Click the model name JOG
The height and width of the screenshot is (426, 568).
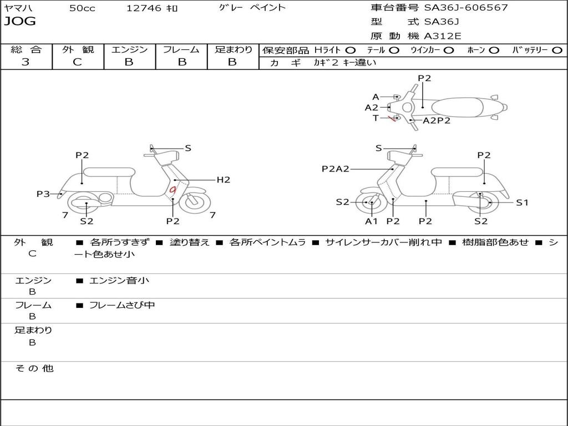point(20,22)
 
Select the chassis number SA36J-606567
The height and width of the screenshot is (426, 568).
point(466,8)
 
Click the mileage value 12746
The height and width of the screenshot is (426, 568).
point(144,8)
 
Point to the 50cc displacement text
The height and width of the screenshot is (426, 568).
point(82,8)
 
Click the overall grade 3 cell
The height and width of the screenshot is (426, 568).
point(26,62)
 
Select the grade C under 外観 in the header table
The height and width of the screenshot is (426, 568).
point(77,62)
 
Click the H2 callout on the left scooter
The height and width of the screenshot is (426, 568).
point(223,180)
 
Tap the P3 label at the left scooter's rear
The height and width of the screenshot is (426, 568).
point(43,194)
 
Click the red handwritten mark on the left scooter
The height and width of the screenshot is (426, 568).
point(173,190)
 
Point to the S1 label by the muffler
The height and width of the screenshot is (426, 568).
point(522,202)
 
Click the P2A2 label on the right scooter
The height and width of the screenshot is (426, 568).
point(335,169)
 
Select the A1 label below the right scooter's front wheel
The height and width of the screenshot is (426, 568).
point(371,221)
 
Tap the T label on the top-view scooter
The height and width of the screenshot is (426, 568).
point(376,118)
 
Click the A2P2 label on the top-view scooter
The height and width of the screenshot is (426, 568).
point(437,120)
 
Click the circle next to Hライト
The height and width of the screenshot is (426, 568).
point(351,50)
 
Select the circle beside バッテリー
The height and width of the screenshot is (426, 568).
point(557,50)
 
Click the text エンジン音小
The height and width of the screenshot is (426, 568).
point(119,281)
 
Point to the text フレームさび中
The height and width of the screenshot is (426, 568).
point(122,305)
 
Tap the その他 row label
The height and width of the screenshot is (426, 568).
point(34,368)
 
